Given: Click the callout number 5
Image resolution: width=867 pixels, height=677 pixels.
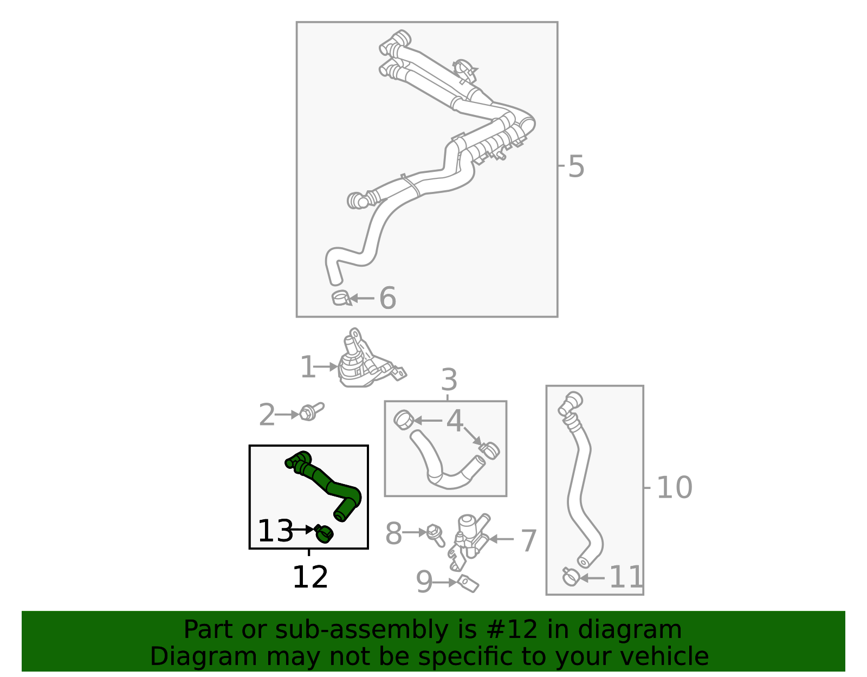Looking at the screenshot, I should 576,166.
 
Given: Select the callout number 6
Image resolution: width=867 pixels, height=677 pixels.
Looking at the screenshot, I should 387,299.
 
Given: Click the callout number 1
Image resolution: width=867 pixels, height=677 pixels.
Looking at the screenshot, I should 307,367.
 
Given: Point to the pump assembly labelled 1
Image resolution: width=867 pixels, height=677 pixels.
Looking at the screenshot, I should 363,363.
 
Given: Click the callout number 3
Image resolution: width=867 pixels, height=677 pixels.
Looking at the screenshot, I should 449,380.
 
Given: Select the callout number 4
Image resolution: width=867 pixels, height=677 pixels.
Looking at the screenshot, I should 455,421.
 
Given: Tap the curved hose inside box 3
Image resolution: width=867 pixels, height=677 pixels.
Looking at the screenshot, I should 444,466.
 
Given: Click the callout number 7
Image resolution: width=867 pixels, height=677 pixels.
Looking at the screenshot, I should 528,540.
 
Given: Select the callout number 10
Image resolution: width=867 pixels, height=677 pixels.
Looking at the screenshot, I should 674,488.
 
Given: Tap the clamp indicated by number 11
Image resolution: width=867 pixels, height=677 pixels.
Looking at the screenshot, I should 570,577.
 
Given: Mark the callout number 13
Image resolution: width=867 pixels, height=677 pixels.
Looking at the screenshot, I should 275,531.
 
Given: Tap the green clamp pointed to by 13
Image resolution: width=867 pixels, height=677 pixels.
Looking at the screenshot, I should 324,534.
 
